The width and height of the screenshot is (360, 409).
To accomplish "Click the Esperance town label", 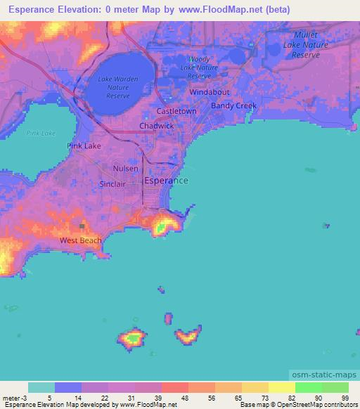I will pos(166,181).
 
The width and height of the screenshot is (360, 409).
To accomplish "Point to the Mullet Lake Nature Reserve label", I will pos(306,44).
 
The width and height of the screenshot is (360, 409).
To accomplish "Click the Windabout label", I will pos(210,92).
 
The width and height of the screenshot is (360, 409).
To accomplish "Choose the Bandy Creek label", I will pos(234,106).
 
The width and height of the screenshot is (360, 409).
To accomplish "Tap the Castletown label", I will pos(176,112).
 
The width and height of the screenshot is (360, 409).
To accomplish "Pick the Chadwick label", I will pos(156,126).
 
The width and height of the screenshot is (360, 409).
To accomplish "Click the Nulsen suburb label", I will pos(126,169).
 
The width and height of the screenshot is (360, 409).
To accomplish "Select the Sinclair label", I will pos(112,183).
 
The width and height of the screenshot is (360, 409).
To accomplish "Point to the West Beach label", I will pos(80,240).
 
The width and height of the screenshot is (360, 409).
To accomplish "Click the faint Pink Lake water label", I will pos(41,133).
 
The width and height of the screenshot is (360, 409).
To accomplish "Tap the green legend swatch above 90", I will pos(308,387).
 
